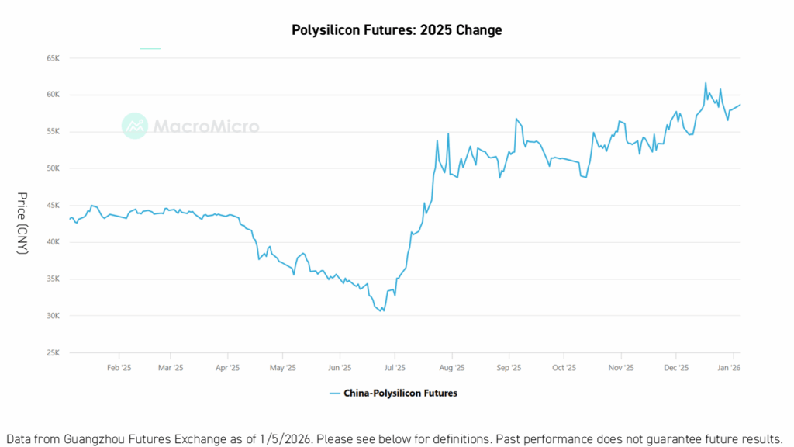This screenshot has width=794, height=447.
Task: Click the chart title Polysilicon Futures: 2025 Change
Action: [x=396, y=30]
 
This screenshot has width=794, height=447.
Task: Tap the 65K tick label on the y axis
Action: [x=53, y=58]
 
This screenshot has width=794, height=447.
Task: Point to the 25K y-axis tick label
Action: [x=53, y=352]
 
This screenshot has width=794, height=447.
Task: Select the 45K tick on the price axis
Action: [x=53, y=206]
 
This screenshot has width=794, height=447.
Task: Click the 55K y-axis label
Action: [x=53, y=132]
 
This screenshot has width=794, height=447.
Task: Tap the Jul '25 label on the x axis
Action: [x=395, y=368]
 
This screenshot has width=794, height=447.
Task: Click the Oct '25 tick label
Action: [x=564, y=368]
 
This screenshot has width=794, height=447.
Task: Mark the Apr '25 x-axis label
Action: [x=226, y=368]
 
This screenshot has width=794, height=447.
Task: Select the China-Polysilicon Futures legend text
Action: [x=401, y=393]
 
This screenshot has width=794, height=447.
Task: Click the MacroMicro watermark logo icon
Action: [x=135, y=126]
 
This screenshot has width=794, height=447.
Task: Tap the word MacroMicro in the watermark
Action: [x=205, y=126]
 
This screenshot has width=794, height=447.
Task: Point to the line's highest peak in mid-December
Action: [x=706, y=83]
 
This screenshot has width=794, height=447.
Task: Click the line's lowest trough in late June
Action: [x=381, y=311]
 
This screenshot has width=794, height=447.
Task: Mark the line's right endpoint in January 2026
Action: [x=740, y=105]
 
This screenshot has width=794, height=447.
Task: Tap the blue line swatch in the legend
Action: [x=335, y=393]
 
